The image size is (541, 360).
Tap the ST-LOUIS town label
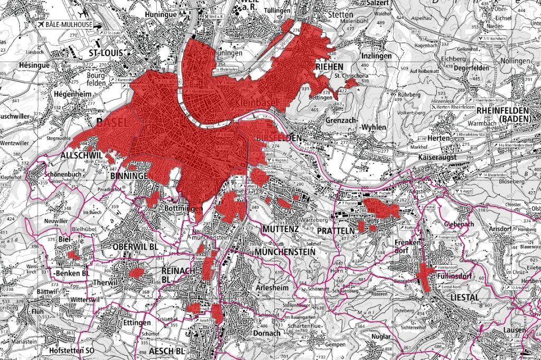[105, 53]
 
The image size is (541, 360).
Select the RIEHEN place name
[330, 67]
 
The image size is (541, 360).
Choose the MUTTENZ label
[280, 229]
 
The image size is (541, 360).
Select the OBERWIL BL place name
[136, 247]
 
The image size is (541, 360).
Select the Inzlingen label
[376, 55]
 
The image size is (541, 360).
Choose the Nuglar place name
[381, 336]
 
